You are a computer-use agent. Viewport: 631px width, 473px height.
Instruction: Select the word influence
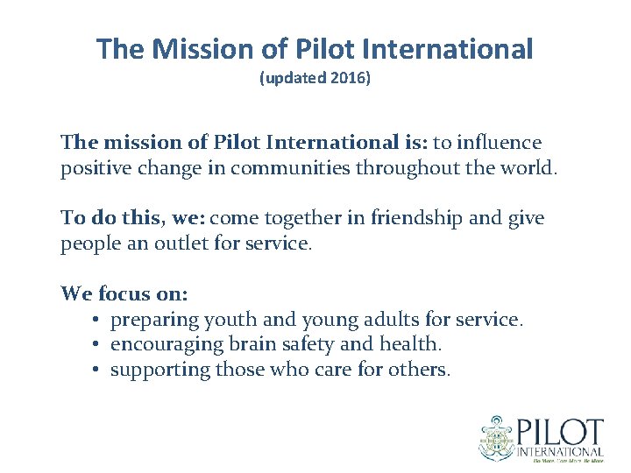tap(497, 142)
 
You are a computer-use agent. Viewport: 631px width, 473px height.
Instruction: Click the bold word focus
tap(125, 293)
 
